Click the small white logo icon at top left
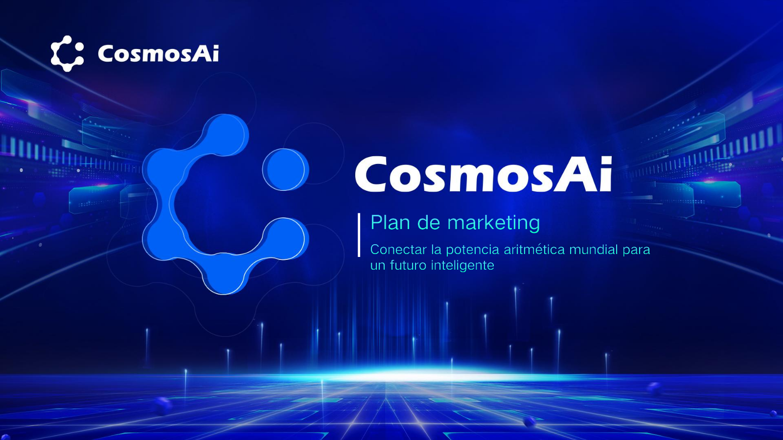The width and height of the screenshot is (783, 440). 67,53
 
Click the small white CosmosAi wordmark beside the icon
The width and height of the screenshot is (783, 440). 159,53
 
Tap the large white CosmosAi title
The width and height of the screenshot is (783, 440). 484,174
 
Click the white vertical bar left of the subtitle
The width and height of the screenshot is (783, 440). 359,235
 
